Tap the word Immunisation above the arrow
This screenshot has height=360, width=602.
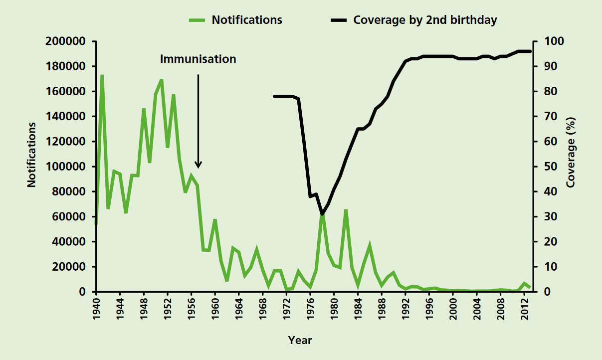[x=198, y=59]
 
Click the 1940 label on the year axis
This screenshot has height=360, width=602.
[x=96, y=310]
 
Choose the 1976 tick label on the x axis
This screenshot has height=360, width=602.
[x=310, y=310]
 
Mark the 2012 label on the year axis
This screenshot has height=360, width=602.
[x=524, y=310]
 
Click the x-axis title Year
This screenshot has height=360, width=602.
[x=300, y=341]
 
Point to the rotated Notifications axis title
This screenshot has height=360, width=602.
[x=32, y=155]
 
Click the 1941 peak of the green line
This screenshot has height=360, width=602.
[x=102, y=76]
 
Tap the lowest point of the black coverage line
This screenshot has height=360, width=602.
[x=322, y=214]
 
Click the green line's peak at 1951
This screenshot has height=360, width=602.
[x=162, y=80]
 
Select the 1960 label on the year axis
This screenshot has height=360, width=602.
[x=215, y=310]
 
